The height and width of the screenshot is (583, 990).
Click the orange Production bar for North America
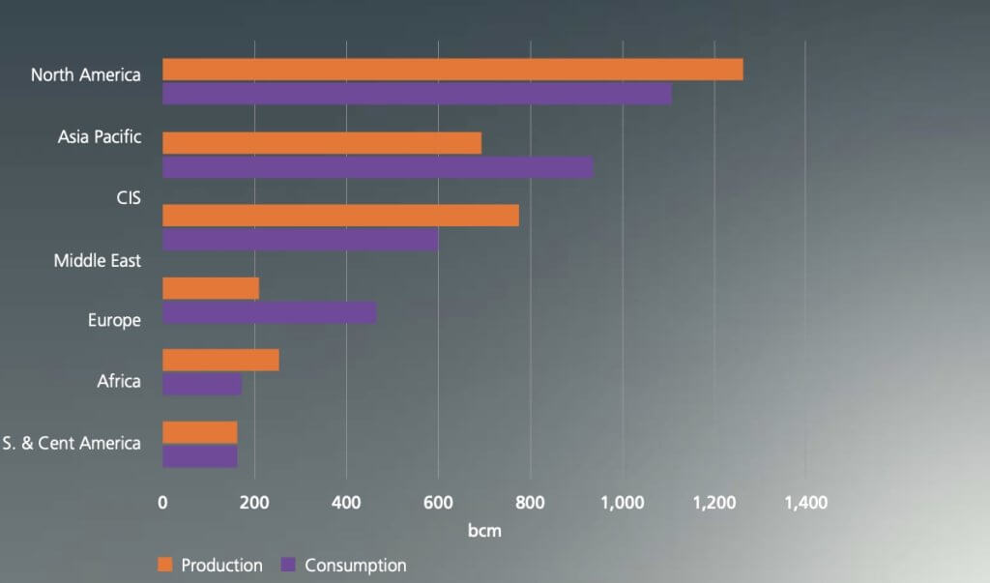tap(452, 70)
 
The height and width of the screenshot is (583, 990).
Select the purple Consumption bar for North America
tap(417, 94)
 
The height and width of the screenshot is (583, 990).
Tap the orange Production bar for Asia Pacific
tap(322, 143)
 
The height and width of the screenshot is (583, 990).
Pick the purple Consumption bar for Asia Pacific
tap(377, 167)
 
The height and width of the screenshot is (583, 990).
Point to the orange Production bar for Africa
tap(220, 360)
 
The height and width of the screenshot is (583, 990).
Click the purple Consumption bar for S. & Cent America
tap(199, 456)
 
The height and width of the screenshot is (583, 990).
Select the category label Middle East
tap(97, 260)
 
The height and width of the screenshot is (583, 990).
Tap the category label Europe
tap(114, 320)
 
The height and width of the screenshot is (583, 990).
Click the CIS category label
tap(129, 198)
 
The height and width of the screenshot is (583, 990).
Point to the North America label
tap(85, 74)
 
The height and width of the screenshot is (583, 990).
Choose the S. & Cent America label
tap(72, 444)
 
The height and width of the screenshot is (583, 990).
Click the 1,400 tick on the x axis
tap(806, 503)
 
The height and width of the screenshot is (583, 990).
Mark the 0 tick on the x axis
tap(162, 503)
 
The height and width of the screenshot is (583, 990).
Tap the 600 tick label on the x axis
tap(438, 503)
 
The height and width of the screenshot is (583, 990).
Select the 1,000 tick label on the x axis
tap(623, 503)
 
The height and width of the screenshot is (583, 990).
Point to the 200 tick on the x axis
tap(254, 503)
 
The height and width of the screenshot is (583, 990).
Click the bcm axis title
tap(483, 531)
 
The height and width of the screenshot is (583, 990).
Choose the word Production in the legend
tap(221, 566)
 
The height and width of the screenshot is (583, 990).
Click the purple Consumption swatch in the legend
tap(287, 565)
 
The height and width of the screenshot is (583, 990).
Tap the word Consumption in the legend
tap(355, 566)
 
